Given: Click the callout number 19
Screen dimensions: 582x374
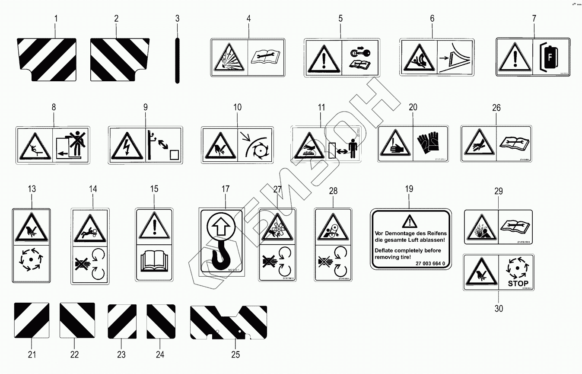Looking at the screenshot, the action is click(409, 189).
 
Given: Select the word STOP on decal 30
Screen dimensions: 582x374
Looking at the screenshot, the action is click(518, 284).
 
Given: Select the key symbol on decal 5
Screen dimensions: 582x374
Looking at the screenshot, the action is click(359, 52).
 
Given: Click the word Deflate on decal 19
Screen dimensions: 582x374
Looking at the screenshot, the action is click(385, 250).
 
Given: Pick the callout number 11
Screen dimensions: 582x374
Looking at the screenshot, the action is click(321, 108).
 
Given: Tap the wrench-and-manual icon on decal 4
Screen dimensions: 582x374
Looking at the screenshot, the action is click(266, 57).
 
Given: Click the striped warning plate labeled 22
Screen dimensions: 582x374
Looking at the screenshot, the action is click(77, 320).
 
